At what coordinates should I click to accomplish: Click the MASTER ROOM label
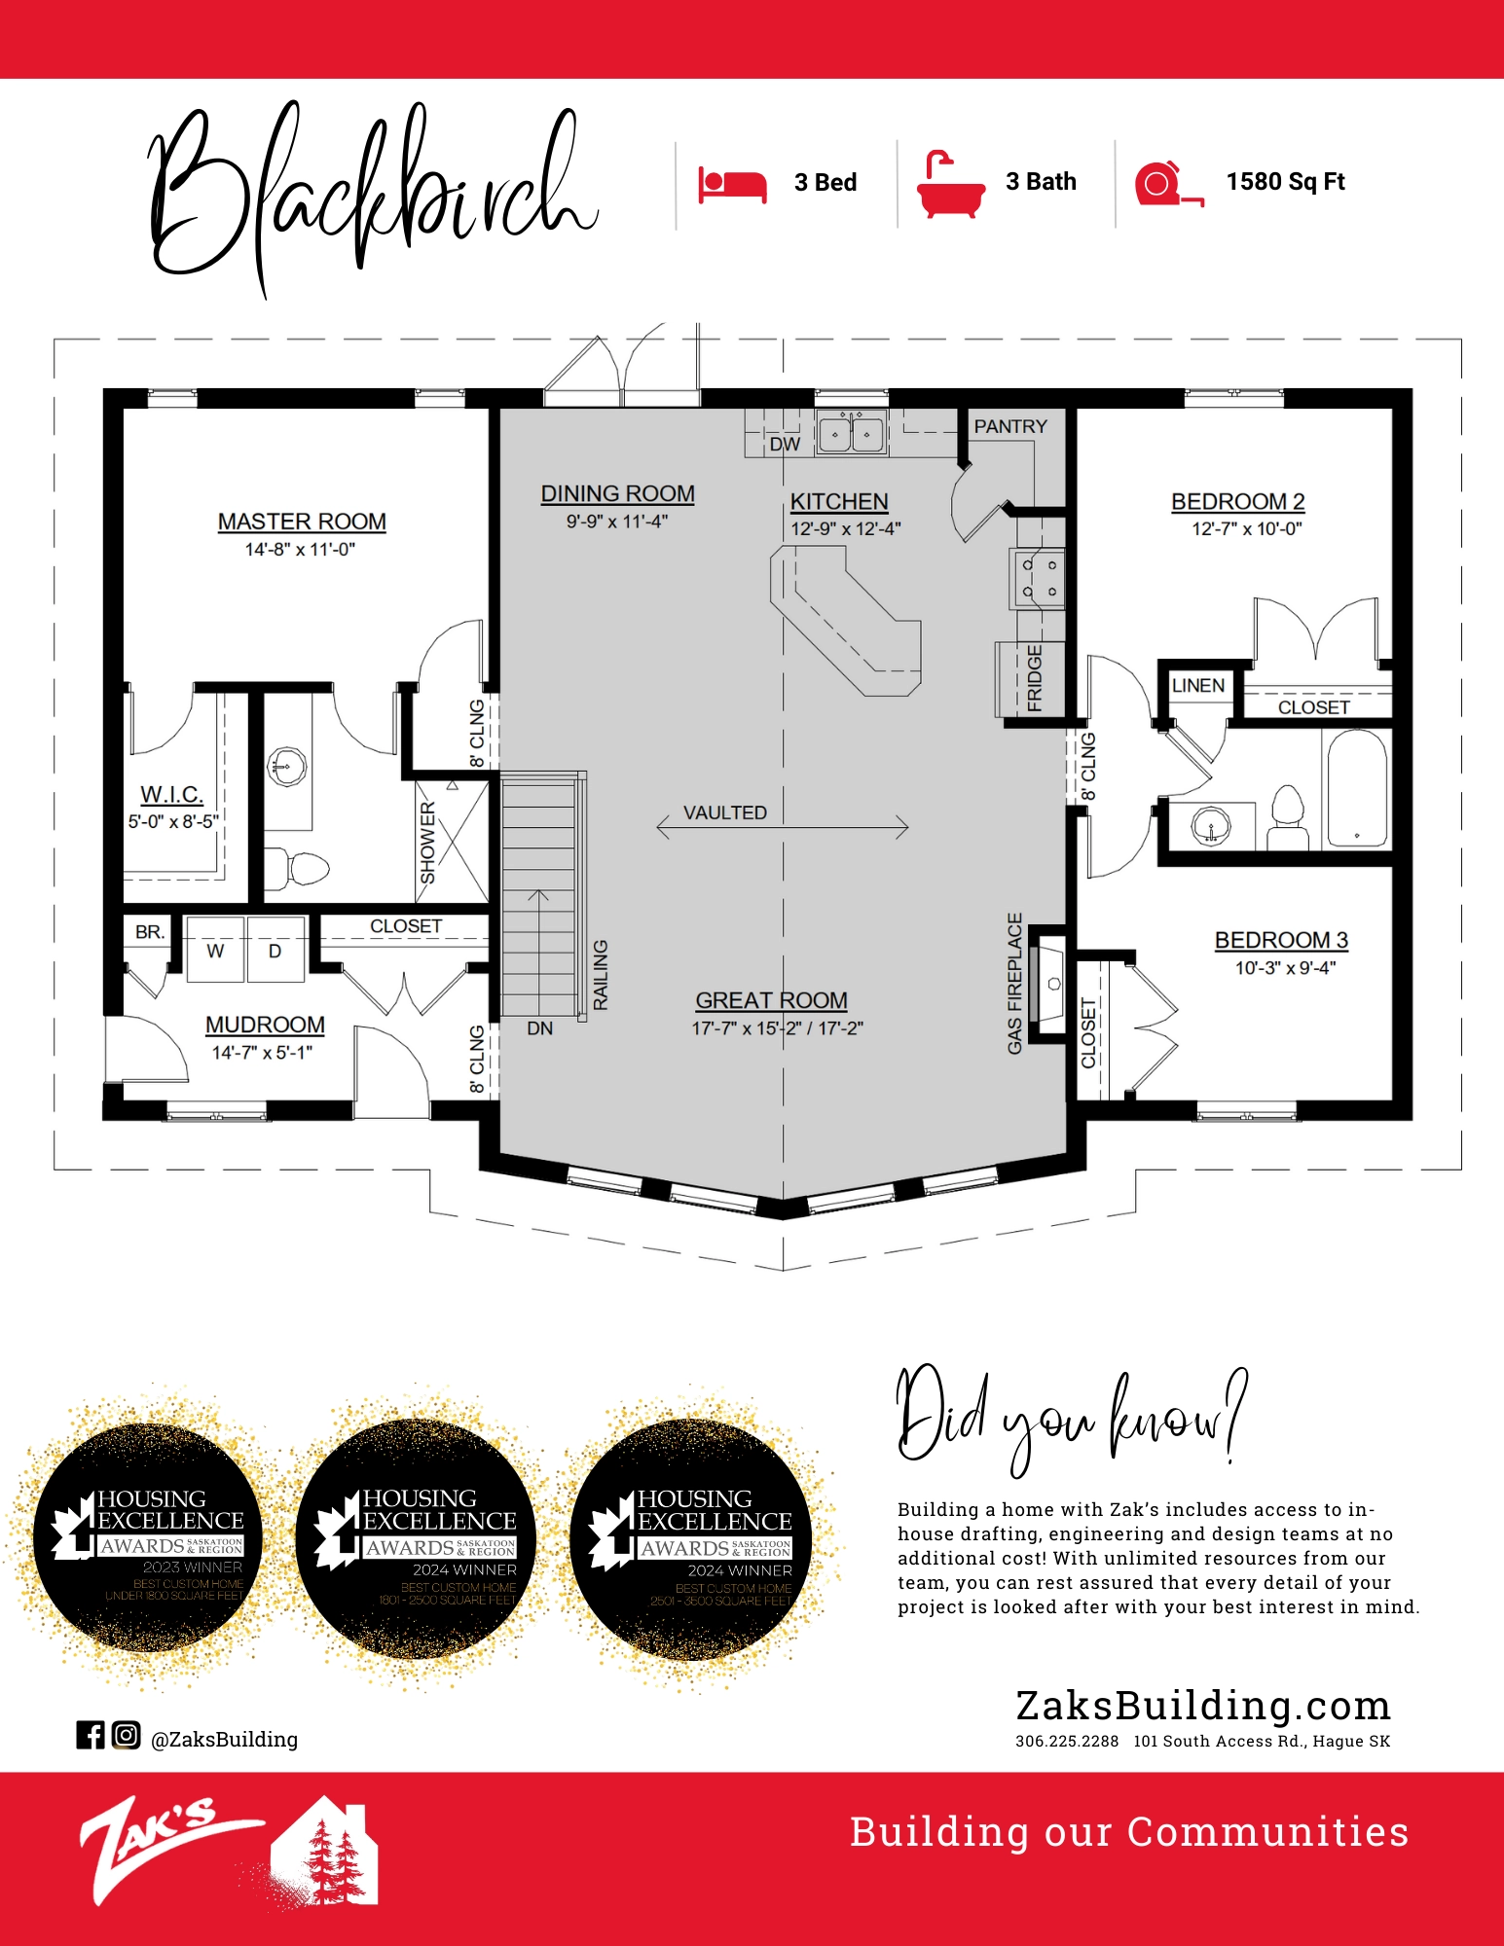(302, 522)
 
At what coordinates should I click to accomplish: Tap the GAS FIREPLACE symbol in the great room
(1049, 985)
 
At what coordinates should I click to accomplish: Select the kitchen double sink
(851, 433)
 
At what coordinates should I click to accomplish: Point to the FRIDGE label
(1034, 678)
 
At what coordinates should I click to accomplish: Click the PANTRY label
(1009, 426)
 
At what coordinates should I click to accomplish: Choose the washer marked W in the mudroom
(215, 951)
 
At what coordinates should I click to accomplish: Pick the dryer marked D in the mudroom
(275, 951)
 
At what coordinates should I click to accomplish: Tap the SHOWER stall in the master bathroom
(451, 843)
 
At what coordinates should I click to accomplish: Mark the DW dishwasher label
(784, 445)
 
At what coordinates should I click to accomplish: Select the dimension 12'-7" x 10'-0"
(1246, 528)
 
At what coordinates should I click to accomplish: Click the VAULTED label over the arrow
(724, 812)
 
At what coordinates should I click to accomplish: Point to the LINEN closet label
(1197, 686)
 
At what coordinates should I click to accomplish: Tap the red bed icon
(732, 183)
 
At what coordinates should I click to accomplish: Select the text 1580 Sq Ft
(1285, 182)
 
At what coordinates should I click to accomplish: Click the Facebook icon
(90, 1734)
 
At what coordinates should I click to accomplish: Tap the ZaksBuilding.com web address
(1202, 1706)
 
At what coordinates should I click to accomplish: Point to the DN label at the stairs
(539, 1028)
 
